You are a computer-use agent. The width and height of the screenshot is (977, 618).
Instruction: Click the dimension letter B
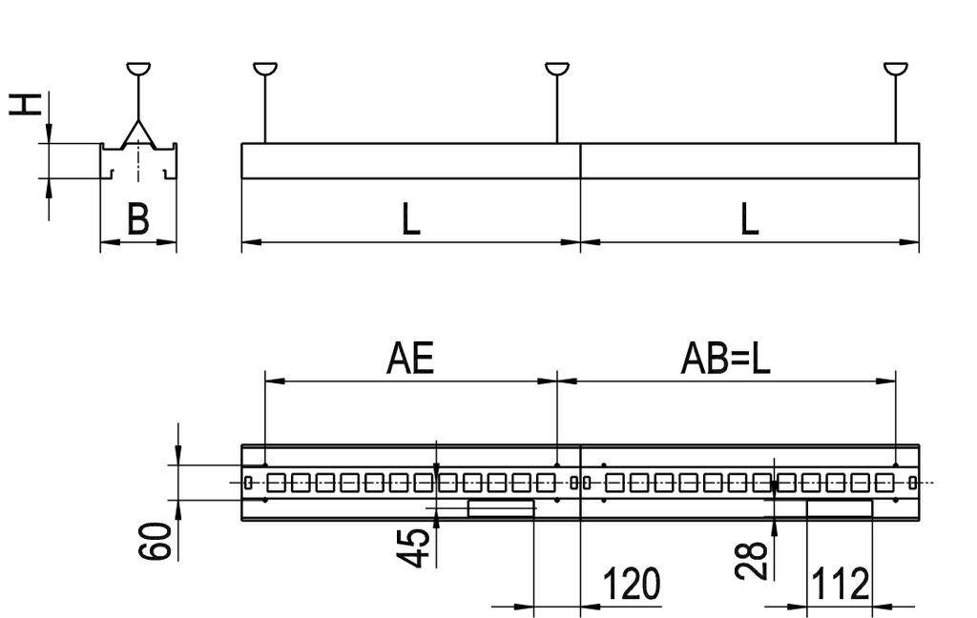[138, 220]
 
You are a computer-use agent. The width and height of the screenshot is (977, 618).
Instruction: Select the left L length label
[410, 220]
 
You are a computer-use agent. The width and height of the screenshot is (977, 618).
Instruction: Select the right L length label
[750, 220]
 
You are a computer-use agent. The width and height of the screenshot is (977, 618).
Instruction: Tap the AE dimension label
[410, 360]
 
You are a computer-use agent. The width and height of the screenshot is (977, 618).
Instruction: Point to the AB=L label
[725, 360]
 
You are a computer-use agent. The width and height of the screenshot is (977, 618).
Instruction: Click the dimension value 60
[161, 541]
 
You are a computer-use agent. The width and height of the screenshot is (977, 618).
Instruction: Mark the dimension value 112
[840, 584]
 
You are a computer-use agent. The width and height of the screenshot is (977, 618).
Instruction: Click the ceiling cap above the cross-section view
[138, 69]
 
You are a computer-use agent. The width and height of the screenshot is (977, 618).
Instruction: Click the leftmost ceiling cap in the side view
[265, 69]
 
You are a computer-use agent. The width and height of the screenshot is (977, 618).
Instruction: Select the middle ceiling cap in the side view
[557, 69]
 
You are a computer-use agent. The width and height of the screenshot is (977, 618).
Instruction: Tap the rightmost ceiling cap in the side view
[896, 69]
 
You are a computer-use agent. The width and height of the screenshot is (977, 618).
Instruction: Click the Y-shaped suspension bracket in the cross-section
[138, 134]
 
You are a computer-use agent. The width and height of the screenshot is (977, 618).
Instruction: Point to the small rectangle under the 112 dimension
[840, 508]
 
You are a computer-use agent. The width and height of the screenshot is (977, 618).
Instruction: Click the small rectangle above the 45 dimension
[500, 508]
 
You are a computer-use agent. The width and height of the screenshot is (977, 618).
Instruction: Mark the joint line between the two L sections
[581, 161]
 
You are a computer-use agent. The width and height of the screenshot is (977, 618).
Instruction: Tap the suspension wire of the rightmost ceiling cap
[896, 110]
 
